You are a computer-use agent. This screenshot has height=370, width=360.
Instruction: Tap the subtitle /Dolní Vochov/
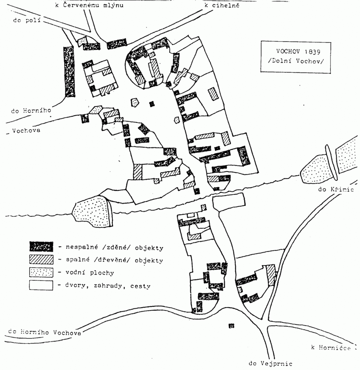[x=296, y=62]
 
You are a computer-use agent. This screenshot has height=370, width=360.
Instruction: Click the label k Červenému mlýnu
[x=90, y=5]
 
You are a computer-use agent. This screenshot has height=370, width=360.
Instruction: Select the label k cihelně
[x=222, y=5]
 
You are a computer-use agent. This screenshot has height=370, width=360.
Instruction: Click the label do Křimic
[x=336, y=189]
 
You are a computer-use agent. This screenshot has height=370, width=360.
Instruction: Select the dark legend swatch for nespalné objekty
[x=41, y=246]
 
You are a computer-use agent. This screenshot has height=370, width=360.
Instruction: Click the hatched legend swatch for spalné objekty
[x=41, y=260]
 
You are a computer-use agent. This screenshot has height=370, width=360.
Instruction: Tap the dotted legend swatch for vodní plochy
[x=41, y=273]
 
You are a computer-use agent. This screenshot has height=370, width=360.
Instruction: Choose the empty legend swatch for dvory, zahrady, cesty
[x=41, y=286]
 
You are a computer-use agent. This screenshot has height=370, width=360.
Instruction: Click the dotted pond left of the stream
[x=92, y=211]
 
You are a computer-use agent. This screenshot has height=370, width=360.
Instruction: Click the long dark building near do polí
[x=69, y=72]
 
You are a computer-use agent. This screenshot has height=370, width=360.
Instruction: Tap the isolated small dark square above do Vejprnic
[x=231, y=326]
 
